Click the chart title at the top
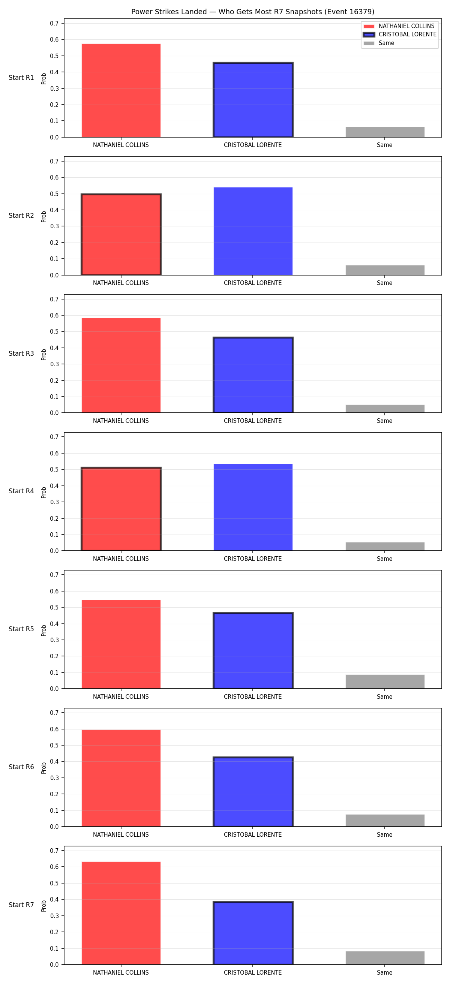click(252, 12)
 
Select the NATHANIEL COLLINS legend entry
click(399, 26)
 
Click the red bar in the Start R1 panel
click(121, 91)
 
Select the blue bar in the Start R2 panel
click(253, 231)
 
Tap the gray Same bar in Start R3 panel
click(385, 409)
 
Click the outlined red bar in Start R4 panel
click(121, 509)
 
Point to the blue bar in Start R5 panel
click(253, 650)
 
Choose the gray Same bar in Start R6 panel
click(385, 821)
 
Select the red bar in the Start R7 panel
click(121, 913)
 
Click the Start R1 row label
click(21, 78)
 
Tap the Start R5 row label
click(21, 629)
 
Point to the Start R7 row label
click(21, 905)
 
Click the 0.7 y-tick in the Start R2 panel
click(54, 161)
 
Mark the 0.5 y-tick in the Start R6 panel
click(54, 745)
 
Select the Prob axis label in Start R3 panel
click(43, 355)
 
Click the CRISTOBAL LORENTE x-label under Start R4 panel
click(252, 559)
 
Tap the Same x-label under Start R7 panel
click(384, 972)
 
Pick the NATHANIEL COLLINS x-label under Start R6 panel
click(121, 834)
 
